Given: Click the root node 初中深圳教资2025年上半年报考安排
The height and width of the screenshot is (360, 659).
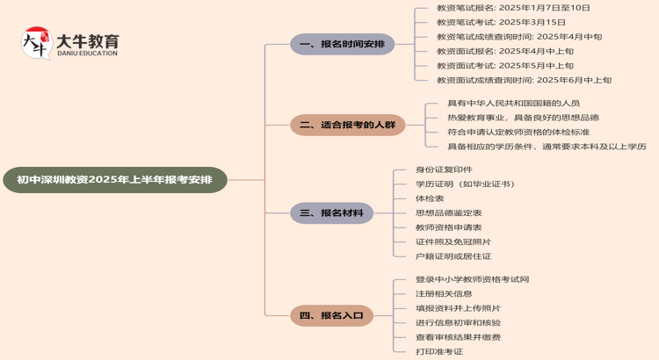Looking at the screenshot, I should (x=114, y=180).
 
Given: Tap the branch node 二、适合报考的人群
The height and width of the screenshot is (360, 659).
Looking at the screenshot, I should (x=347, y=125).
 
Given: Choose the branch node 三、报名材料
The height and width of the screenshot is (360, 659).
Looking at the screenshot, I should (x=331, y=212).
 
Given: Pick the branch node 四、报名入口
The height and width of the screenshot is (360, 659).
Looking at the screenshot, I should (x=331, y=315).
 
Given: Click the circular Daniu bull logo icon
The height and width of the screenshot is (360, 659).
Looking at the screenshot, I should (x=36, y=42).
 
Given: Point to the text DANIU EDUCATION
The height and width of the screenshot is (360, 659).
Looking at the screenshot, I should (x=86, y=54).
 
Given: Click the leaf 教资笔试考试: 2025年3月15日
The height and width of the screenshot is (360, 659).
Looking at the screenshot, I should (x=501, y=22).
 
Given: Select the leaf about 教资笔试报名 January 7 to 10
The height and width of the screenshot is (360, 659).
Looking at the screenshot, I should (x=513, y=8).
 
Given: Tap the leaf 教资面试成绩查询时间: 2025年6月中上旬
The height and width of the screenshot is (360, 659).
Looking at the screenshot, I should (x=524, y=80).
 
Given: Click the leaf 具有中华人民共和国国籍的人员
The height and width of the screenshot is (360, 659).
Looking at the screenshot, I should (x=513, y=103).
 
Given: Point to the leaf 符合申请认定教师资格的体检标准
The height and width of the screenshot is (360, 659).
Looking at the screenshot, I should (x=518, y=132).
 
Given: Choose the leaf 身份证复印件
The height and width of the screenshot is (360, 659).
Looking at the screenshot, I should (x=444, y=169).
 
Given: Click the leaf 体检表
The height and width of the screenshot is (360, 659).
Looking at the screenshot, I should (x=430, y=198).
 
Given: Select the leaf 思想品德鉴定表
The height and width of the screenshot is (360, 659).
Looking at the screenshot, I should (x=448, y=212).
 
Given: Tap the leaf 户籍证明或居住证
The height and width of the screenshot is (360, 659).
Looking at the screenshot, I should (x=453, y=256).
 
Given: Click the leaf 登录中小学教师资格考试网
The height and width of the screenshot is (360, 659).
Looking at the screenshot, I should (x=472, y=279).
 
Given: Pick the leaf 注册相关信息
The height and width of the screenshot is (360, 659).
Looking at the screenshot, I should (x=444, y=294).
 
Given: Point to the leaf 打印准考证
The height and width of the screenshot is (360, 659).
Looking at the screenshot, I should (x=439, y=352).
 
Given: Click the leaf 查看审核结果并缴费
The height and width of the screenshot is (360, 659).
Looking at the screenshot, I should (x=458, y=337).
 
